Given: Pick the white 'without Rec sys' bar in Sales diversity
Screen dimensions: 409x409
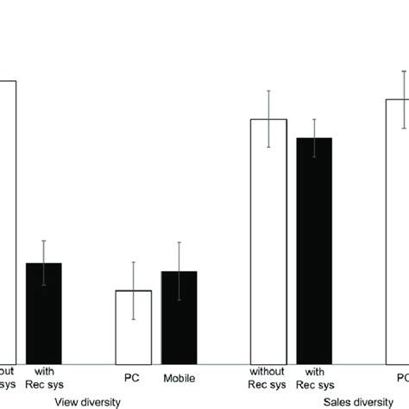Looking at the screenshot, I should [268, 242].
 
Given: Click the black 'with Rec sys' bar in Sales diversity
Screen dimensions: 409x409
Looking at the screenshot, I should [314, 250].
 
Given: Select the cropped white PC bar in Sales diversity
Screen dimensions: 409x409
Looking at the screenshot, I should [398, 233].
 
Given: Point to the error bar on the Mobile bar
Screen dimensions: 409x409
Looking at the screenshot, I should [179, 271].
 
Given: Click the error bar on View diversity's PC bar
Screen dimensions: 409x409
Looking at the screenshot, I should [133, 291].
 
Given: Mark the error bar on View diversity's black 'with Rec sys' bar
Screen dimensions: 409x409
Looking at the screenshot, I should [44, 263].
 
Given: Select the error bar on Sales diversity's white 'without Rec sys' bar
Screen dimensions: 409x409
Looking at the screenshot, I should [268, 119].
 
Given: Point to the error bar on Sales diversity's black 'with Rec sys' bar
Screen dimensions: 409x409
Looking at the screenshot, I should [314, 138].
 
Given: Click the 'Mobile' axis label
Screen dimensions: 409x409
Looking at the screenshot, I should [179, 378].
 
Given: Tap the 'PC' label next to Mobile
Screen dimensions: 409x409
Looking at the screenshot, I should [133, 378].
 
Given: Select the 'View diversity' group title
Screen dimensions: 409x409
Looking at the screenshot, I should [88, 401].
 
